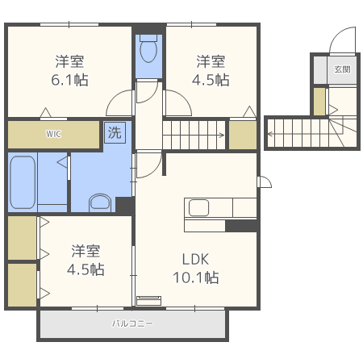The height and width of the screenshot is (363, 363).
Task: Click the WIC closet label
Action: pyautogui.click(x=53, y=134)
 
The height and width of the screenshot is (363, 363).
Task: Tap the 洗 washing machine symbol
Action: pyautogui.click(x=115, y=132)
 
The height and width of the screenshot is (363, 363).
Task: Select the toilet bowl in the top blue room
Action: pyautogui.click(x=148, y=48)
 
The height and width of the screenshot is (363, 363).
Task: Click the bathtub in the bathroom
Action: pyautogui.click(x=23, y=182)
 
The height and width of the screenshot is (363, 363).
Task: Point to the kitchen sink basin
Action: pyautogui.click(x=198, y=207)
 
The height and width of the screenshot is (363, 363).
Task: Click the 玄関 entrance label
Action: pyautogui.click(x=342, y=69)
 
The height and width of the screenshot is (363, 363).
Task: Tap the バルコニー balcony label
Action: pyautogui.click(x=132, y=323)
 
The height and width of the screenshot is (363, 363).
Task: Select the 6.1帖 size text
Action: pyautogui.click(x=69, y=80)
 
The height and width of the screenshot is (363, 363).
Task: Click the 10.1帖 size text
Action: pyautogui.click(x=196, y=277)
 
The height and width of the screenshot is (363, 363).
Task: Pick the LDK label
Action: pyautogui.click(x=195, y=259)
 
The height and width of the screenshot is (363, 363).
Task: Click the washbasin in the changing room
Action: pyautogui.click(x=100, y=202)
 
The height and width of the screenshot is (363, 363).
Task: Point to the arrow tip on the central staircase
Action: pyautogui.click(x=224, y=135)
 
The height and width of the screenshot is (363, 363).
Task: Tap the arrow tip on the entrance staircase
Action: pyautogui.click(x=268, y=134)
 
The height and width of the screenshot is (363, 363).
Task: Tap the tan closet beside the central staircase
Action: pyautogui.click(x=243, y=135)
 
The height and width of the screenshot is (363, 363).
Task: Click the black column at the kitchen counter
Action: pyautogui.click(x=241, y=226)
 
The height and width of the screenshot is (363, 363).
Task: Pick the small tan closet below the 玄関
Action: pyautogui.click(x=319, y=102)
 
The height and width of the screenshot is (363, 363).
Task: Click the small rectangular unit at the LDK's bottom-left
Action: pyautogui.click(x=148, y=301)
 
